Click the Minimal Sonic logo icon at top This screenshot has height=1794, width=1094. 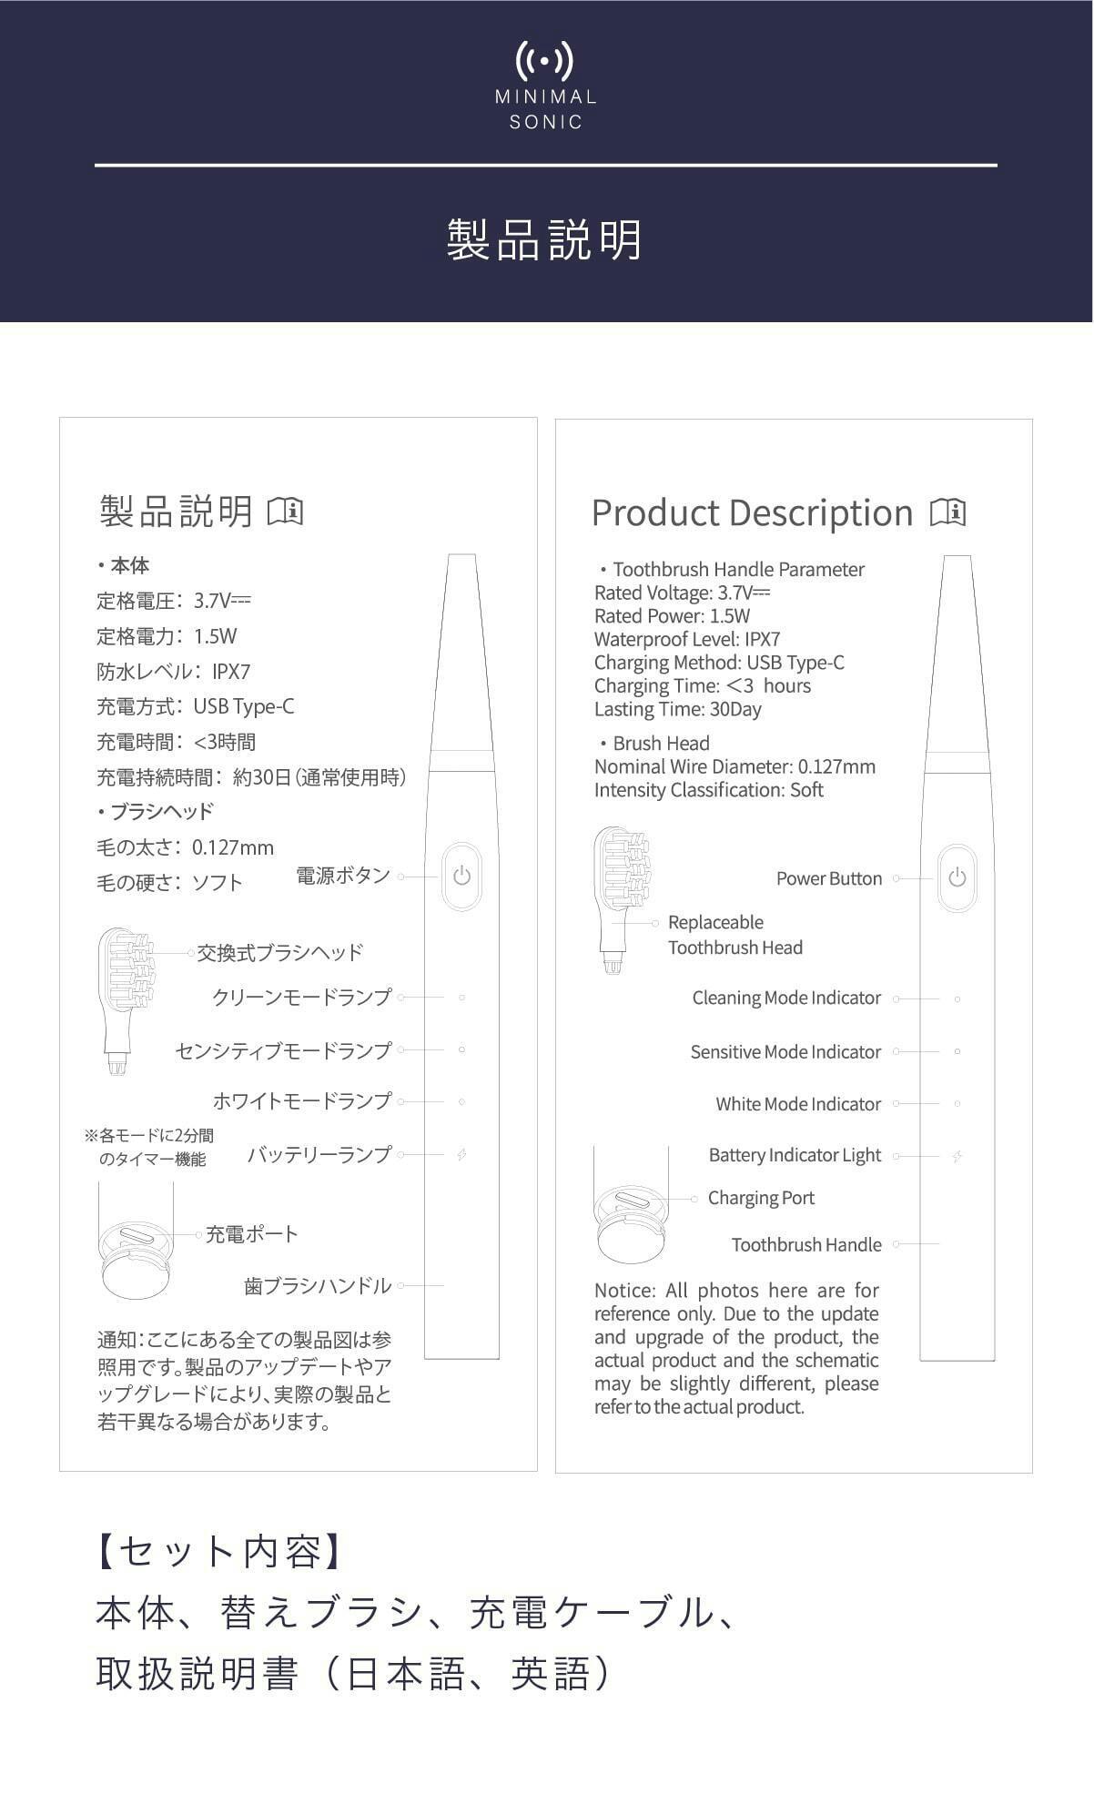(x=545, y=62)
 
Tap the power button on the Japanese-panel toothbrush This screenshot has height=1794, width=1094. (x=462, y=877)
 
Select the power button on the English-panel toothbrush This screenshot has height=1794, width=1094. (x=957, y=878)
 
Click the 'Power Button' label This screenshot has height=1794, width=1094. (x=828, y=878)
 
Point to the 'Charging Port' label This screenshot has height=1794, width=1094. (x=761, y=1198)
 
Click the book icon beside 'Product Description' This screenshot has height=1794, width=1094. (x=947, y=512)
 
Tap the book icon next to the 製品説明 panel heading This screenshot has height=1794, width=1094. (x=285, y=512)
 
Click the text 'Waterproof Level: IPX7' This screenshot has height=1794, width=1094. (x=687, y=639)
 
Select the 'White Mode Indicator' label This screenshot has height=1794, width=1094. (x=798, y=1104)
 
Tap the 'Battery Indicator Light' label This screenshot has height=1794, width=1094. (x=795, y=1155)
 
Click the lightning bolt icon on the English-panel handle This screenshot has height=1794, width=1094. (x=957, y=1157)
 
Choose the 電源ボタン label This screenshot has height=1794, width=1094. (x=342, y=876)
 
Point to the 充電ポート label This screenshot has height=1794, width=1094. (x=251, y=1234)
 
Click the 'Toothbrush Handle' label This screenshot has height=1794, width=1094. (x=806, y=1244)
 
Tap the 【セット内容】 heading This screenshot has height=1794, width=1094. (x=219, y=1551)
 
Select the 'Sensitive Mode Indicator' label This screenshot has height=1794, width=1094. (x=785, y=1052)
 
